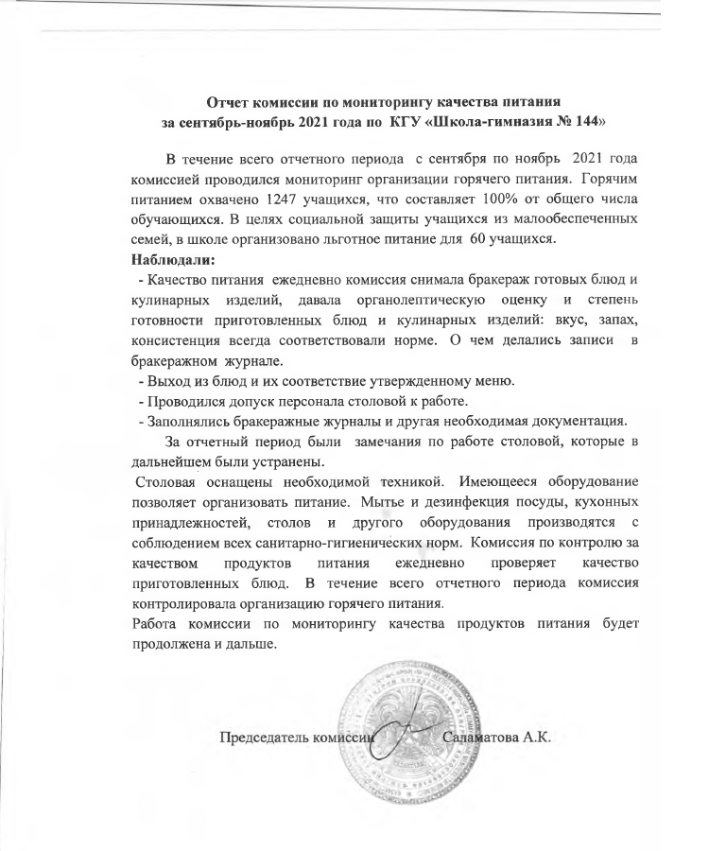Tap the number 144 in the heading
[581, 122]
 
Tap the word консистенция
[185, 339]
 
